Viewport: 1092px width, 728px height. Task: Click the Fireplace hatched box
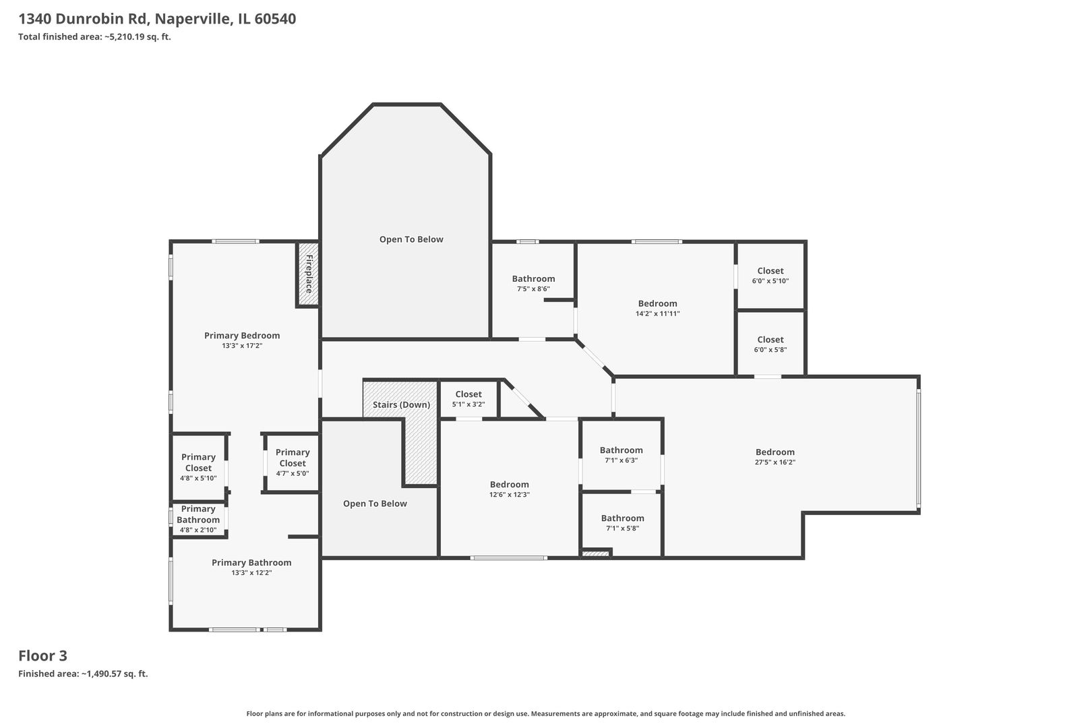coord(309,274)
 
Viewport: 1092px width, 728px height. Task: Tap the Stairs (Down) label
coord(401,404)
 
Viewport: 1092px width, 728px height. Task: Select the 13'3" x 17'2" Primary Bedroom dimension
coord(242,346)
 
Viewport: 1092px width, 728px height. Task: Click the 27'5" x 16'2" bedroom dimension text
coord(775,462)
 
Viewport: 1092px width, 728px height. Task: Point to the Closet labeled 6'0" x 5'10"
coord(770,276)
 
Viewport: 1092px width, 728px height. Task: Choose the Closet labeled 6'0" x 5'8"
coord(770,344)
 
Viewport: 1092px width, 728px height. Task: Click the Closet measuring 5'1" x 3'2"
coord(468,399)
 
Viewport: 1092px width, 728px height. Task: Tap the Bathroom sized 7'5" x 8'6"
coord(533,290)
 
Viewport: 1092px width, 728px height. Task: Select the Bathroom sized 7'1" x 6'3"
coord(621,455)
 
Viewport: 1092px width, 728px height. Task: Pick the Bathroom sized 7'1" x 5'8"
coord(622,522)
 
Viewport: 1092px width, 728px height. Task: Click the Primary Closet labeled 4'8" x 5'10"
coord(198,468)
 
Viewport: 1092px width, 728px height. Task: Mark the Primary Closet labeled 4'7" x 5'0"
coord(292,462)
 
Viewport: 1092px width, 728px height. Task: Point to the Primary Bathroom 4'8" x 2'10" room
coord(198,520)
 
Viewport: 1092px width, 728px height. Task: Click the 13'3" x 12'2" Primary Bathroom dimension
coord(251,573)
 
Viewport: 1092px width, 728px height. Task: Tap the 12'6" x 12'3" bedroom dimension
coord(510,495)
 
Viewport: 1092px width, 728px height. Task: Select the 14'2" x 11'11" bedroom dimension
coord(658,314)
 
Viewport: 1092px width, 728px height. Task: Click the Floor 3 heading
coord(43,656)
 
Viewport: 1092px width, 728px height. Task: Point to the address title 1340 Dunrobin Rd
coord(157,19)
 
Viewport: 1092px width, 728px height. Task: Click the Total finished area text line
coord(94,36)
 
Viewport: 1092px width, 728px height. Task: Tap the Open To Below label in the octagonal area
coord(411,239)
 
